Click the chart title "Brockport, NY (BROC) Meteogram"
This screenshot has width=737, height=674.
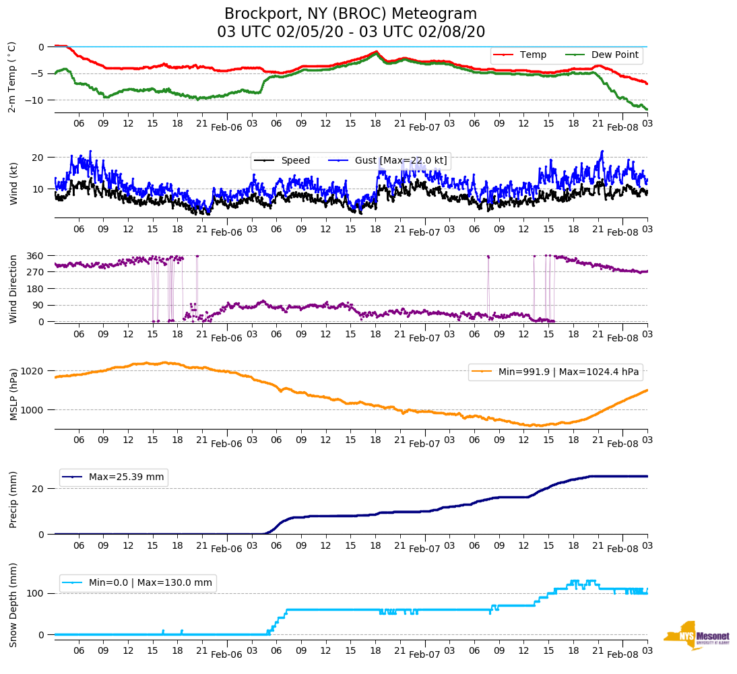(350, 13)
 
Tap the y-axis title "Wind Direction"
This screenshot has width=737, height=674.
(13, 289)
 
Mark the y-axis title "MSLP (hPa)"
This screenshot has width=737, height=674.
(13, 395)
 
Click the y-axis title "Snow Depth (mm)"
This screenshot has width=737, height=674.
(13, 605)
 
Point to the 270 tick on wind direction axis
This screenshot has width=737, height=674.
(35, 272)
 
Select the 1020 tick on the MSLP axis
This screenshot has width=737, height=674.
(32, 371)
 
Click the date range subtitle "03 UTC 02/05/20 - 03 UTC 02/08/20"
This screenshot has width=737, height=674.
(350, 32)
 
